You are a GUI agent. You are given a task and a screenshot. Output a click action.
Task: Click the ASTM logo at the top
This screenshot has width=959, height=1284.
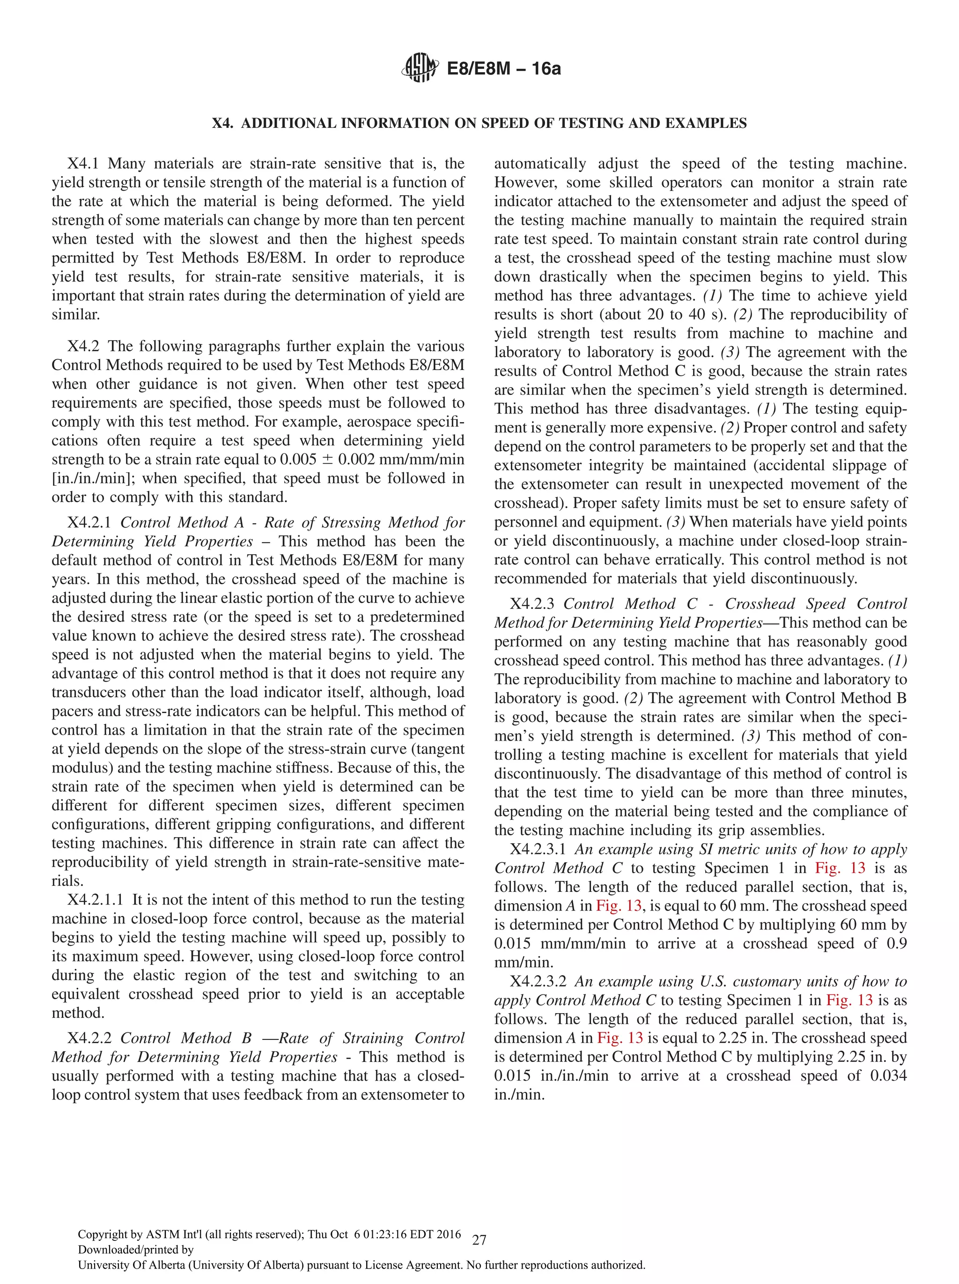pyautogui.click(x=419, y=68)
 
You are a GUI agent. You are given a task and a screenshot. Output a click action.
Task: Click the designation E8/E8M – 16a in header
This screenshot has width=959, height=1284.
pyautogui.click(x=503, y=69)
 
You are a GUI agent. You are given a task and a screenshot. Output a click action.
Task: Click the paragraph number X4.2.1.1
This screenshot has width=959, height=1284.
pyautogui.click(x=95, y=900)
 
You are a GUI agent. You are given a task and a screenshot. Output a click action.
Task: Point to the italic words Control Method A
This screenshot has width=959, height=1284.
pyautogui.click(x=182, y=522)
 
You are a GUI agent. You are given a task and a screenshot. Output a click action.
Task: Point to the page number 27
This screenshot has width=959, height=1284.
pyautogui.click(x=479, y=1240)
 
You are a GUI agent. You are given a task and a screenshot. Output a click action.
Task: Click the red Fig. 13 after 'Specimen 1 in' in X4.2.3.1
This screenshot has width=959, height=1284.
pyautogui.click(x=840, y=868)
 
